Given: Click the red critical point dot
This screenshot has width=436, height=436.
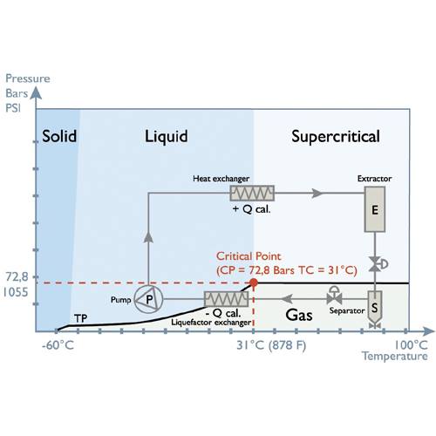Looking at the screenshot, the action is [254, 283].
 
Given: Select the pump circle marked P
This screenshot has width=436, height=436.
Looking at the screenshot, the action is [148, 299].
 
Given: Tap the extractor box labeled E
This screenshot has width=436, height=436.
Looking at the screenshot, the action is [375, 209].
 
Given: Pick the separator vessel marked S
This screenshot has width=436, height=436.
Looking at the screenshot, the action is [375, 309].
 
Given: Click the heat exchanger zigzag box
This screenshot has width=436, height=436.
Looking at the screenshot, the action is [252, 194].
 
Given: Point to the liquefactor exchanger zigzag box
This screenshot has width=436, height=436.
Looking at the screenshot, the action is [227, 299].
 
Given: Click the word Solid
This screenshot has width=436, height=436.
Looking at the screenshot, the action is [59, 136].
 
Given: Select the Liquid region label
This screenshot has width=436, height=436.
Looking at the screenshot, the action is [167, 137].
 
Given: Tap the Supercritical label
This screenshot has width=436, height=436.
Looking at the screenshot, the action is [336, 137].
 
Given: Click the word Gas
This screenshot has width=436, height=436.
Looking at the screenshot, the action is [299, 315].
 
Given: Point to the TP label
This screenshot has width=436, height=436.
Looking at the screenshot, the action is [80, 318].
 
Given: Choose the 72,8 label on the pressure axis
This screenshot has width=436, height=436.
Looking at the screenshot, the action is [17, 277].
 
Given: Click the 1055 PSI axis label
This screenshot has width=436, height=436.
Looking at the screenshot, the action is [16, 292].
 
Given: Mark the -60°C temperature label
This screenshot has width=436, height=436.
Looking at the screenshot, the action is [58, 345].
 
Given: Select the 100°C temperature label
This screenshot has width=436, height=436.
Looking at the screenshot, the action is [411, 345].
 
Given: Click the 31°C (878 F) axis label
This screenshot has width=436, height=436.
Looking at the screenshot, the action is [271, 345].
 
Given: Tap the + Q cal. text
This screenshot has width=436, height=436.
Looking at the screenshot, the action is [252, 209].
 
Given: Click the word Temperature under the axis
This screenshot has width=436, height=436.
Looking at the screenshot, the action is [394, 357].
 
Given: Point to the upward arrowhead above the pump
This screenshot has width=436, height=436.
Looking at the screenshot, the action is [148, 237].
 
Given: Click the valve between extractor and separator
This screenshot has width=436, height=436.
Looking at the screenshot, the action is [375, 264].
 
